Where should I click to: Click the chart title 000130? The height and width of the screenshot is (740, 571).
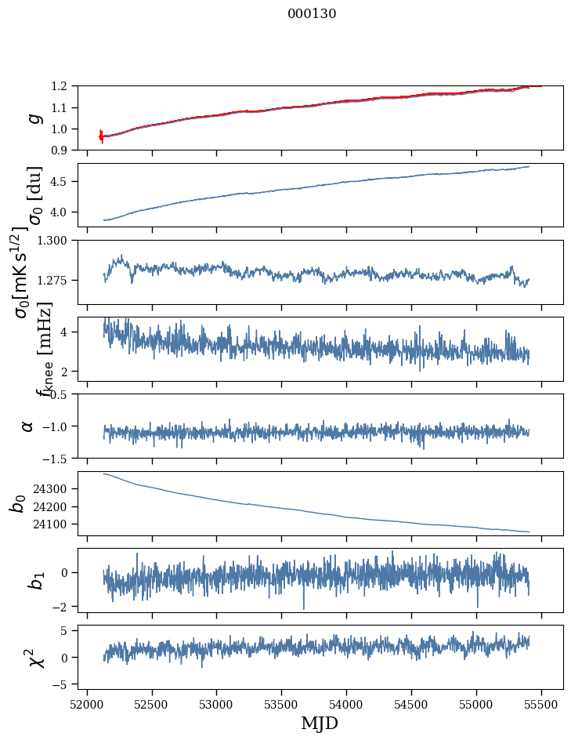coord(312,14)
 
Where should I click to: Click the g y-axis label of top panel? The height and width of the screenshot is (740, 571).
coord(33,118)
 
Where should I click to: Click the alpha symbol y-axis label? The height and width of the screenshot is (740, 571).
coord(28,426)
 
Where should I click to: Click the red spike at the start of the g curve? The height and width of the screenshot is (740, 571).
coord(101,136)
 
